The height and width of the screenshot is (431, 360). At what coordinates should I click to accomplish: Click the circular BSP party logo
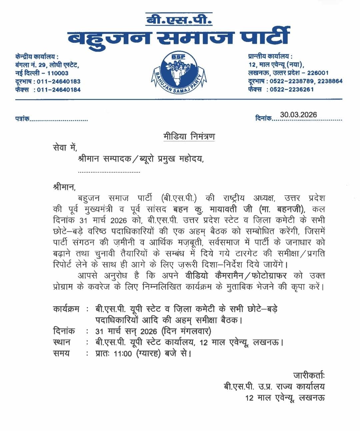coord(179,73)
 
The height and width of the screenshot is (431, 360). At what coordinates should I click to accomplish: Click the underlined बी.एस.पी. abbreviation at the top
coord(179,19)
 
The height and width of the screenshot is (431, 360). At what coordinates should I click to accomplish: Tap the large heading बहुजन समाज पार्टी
coord(179,37)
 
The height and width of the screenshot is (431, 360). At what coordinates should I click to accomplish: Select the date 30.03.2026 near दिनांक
coord(298,115)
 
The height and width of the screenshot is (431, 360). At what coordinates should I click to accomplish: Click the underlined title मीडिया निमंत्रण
coord(189,137)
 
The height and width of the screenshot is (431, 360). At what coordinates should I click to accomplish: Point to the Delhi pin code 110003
coord(58,73)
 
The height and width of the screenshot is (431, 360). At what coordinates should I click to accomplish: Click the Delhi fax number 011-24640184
coord(59,90)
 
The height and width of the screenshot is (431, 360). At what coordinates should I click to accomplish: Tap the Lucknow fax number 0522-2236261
coord(292,89)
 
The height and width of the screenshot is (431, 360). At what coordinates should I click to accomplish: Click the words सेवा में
coord(65,148)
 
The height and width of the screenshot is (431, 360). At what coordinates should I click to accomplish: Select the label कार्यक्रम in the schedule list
coord(66,309)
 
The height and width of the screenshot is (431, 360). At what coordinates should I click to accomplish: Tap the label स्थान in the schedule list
coord(62,342)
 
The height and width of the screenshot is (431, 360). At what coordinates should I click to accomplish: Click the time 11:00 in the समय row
coord(123,353)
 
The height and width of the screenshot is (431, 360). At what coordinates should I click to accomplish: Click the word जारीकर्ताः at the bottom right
coord(309,375)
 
